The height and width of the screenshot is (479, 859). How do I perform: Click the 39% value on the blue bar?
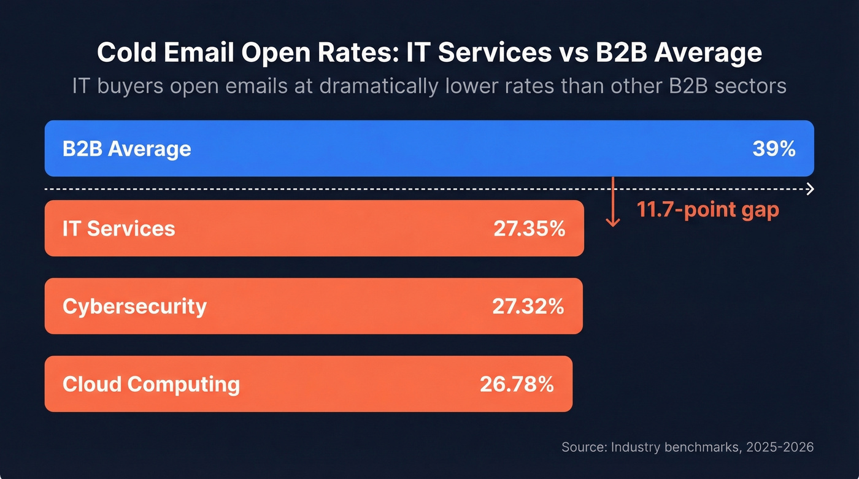coord(774,149)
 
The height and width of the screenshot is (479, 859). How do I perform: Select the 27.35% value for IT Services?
coord(529,229)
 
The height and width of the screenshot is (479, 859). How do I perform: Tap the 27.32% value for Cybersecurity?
coord(528,306)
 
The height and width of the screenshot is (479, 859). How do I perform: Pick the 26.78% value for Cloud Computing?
coord(517,385)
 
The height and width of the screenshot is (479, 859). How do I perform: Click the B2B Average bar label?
coord(126,149)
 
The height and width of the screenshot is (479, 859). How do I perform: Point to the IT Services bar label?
coord(118,229)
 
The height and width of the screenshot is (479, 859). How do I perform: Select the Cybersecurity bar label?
coord(134,306)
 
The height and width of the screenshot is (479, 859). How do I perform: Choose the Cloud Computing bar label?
coord(151,385)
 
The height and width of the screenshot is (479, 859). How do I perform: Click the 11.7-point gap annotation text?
coord(707,210)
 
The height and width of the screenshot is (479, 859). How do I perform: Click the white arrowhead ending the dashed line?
coord(810,189)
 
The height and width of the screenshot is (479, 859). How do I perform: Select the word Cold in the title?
coord(126,53)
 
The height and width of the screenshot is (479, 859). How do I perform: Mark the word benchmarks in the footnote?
coord(697,447)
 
